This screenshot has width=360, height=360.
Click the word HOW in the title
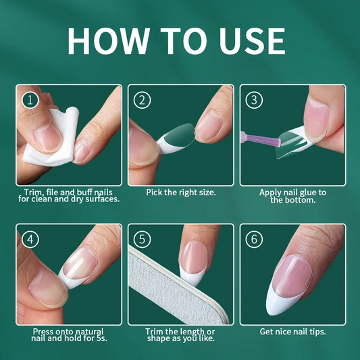(109, 41)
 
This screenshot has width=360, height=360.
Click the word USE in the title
(252, 41)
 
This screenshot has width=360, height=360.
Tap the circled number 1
(30, 100)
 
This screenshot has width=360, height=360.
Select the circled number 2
(142, 100)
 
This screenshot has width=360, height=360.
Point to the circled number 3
(254, 100)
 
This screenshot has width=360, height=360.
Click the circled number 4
(30, 239)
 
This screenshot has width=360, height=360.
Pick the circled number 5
(142, 239)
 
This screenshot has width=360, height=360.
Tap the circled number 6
(254, 239)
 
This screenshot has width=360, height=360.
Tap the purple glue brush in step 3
(261, 139)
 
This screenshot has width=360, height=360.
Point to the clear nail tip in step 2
(177, 138)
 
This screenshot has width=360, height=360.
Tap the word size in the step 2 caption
(207, 192)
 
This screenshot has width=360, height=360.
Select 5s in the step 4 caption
(101, 338)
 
